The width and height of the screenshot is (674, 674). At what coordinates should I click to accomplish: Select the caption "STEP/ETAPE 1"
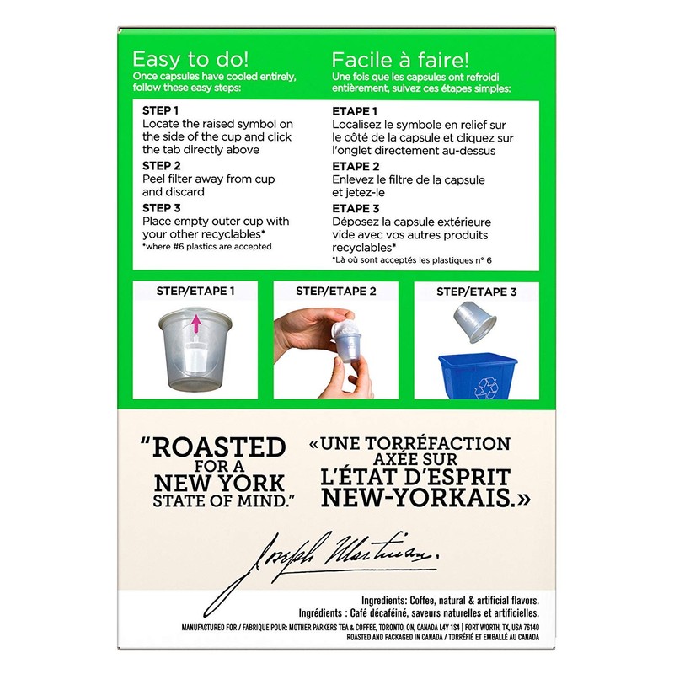pos(195,292)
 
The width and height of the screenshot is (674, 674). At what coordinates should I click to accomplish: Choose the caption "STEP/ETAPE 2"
pos(335,292)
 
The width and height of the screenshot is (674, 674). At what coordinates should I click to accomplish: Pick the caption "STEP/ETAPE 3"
pos(476,292)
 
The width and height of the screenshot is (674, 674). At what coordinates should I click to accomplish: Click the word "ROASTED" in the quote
pos(224,447)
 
